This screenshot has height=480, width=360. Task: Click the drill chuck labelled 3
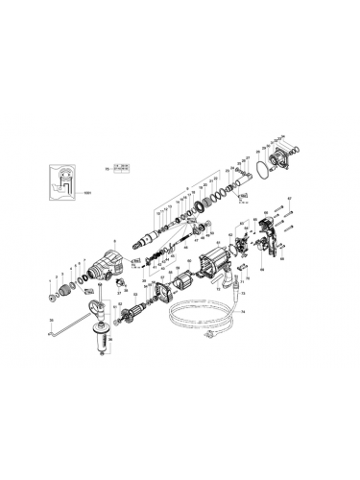(69, 290)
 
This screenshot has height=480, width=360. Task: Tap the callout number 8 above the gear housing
(113, 241)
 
